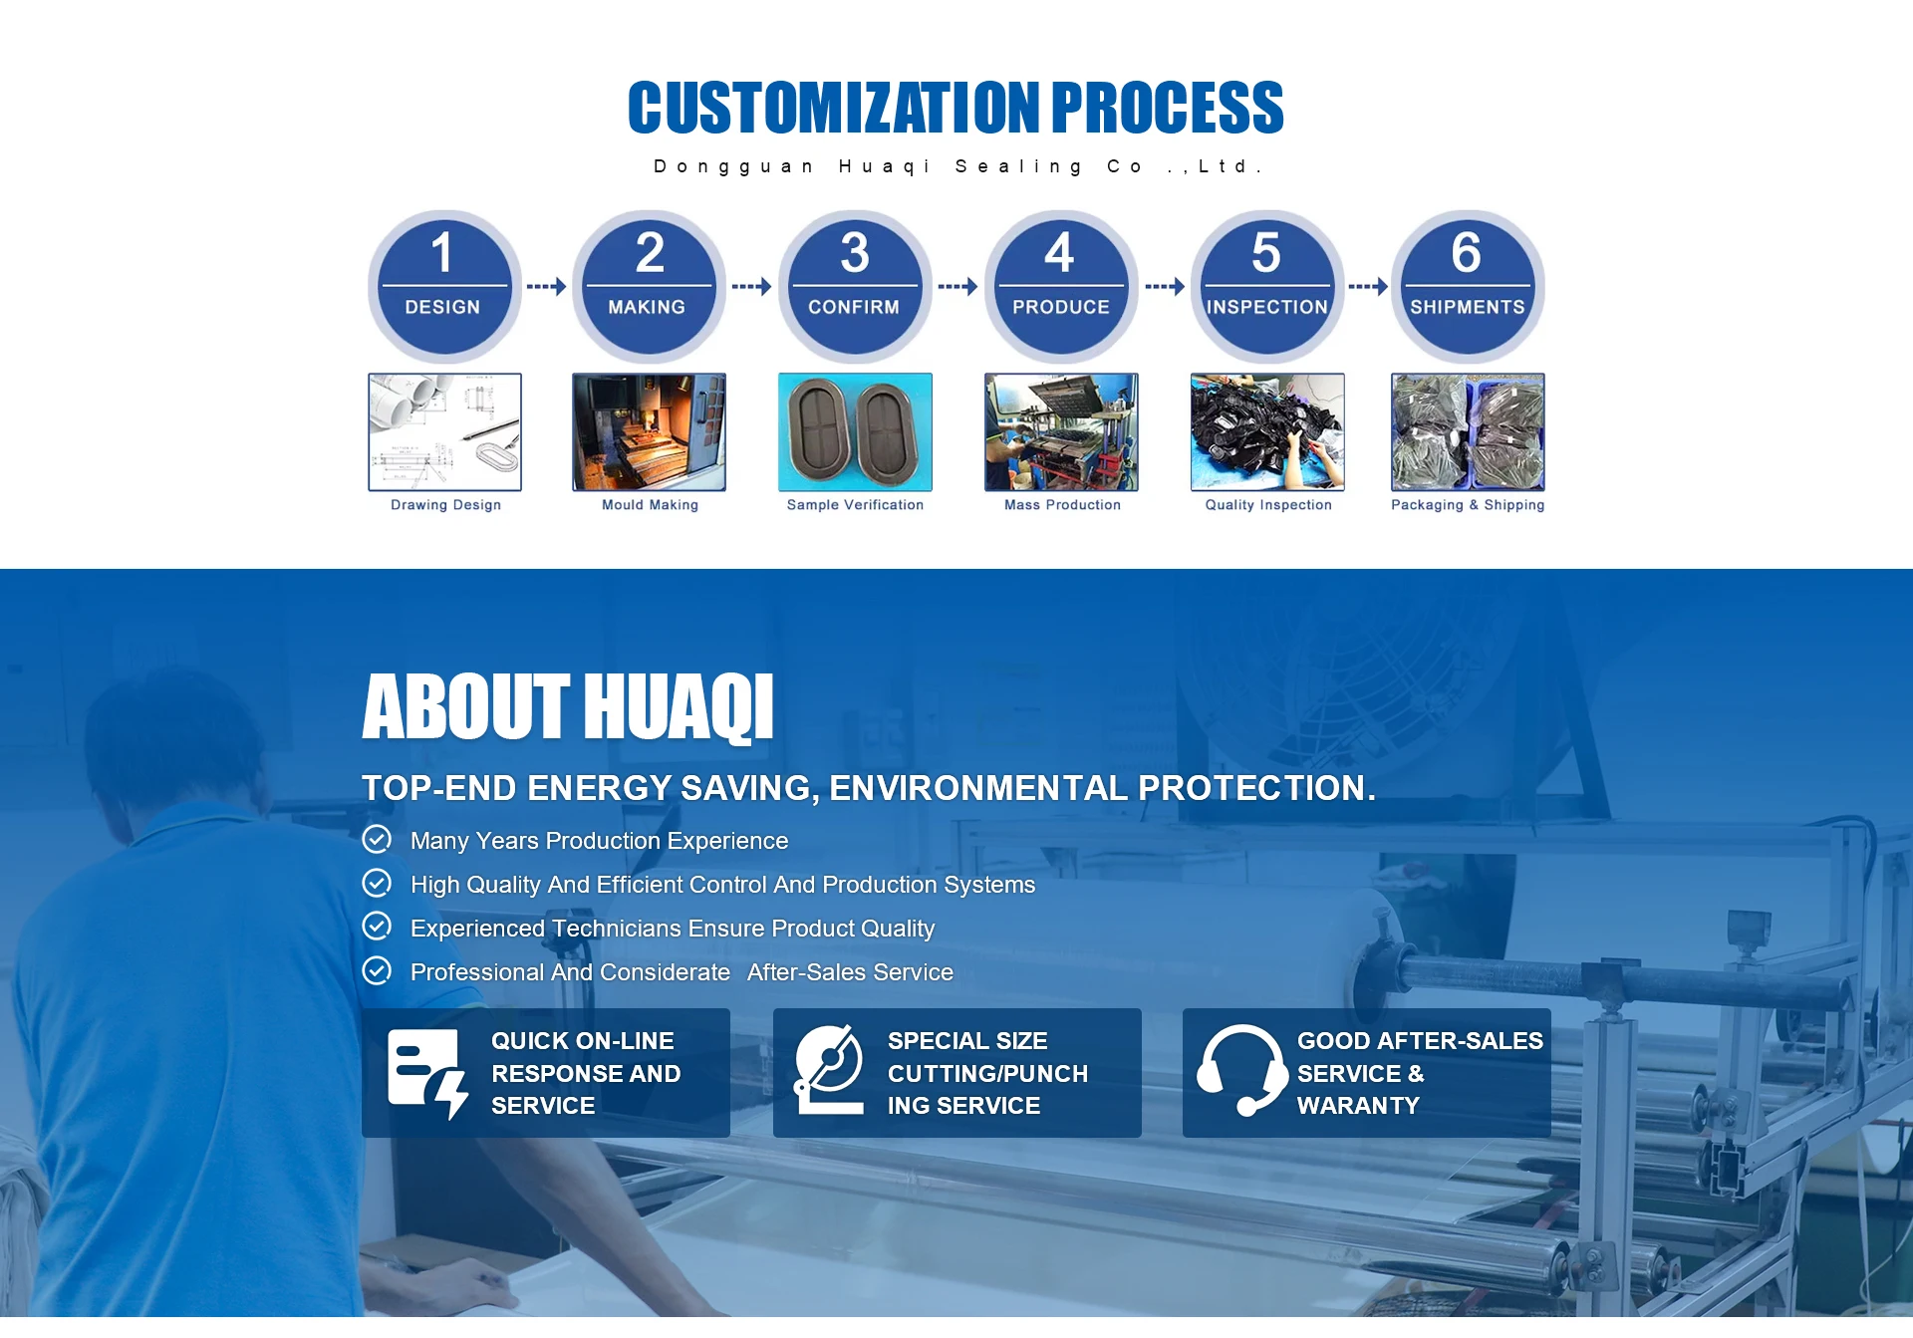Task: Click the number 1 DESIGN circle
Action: [444, 287]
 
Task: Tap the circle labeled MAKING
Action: [649, 287]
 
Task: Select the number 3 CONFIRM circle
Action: [855, 287]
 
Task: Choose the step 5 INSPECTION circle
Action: [1267, 287]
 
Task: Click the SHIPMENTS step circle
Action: [1468, 287]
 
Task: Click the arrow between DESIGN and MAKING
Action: [546, 287]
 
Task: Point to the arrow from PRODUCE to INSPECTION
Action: [1165, 287]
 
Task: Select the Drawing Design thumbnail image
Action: [444, 432]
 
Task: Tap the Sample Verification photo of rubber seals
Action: [855, 432]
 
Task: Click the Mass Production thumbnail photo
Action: [1061, 432]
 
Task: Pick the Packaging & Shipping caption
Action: [1468, 505]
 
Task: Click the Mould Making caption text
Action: [650, 505]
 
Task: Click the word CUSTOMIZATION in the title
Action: [834, 108]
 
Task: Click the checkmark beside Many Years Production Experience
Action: [377, 840]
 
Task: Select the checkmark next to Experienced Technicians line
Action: [377, 927]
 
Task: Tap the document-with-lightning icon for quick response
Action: [427, 1074]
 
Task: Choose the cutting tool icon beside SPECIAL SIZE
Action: [829, 1070]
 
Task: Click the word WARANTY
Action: [1358, 1106]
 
